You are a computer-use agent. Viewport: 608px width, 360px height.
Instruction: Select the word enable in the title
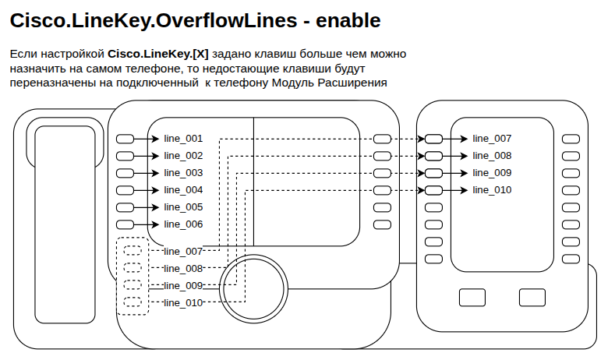click(348, 20)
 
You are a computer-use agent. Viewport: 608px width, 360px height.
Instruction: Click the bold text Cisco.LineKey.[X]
click(158, 54)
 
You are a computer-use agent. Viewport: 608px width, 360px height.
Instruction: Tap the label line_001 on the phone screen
click(183, 139)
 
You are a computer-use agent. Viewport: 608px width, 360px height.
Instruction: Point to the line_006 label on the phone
click(183, 224)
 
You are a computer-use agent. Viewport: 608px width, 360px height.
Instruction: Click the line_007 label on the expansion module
click(492, 139)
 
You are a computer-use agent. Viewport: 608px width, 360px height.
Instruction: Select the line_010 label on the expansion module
click(492, 190)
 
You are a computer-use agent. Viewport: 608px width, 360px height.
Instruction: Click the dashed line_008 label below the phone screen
click(183, 269)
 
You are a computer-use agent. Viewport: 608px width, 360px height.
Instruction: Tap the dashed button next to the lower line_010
click(133, 302)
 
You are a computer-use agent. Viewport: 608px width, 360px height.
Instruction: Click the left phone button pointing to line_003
click(125, 173)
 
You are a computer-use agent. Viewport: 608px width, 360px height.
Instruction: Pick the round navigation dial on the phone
click(253, 288)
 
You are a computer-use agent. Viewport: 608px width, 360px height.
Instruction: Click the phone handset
click(65, 224)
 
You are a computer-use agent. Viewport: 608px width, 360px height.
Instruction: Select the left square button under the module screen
click(472, 298)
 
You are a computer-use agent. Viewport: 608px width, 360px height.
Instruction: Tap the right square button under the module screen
click(532, 298)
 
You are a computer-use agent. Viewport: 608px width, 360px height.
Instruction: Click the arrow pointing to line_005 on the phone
click(147, 207)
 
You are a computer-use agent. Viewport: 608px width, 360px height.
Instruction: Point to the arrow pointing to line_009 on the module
click(455, 173)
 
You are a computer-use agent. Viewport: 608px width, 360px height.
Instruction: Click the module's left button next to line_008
click(433, 156)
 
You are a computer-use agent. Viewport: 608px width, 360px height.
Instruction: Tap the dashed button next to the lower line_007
click(133, 250)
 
